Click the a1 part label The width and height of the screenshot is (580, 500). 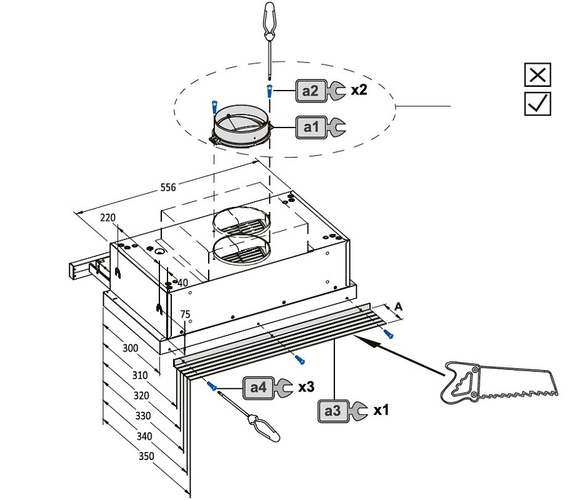[311, 127]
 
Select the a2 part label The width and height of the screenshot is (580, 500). [311, 91]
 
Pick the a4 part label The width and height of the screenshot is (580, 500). [258, 387]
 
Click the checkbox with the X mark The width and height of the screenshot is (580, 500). [537, 75]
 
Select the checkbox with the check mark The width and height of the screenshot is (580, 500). [537, 103]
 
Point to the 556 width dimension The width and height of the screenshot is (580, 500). [167, 187]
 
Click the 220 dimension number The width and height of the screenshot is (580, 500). [108, 217]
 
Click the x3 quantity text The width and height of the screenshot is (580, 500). [306, 387]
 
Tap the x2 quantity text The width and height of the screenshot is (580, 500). [359, 90]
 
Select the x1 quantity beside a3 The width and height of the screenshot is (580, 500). [381, 411]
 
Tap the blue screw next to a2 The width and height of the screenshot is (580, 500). [269, 91]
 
